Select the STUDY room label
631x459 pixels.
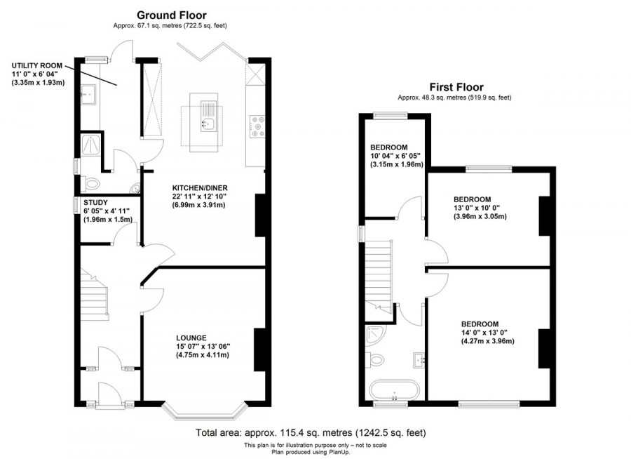(x=95, y=201)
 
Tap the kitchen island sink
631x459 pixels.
(x=207, y=124)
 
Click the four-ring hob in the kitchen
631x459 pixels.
(x=257, y=125)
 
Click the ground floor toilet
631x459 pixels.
(x=90, y=184)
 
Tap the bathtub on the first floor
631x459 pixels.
(x=393, y=390)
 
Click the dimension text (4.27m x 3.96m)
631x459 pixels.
(x=487, y=342)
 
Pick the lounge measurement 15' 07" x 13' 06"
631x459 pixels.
(x=203, y=346)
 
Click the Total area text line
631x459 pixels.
(x=309, y=433)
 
